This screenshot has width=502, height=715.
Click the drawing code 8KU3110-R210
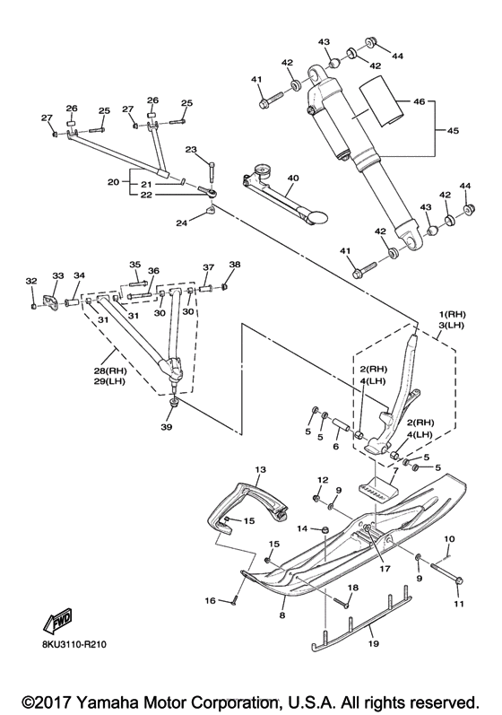tap(74, 645)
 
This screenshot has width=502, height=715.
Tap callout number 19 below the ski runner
tap(374, 644)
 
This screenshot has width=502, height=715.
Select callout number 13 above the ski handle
tap(260, 469)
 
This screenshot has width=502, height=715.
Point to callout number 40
tap(293, 178)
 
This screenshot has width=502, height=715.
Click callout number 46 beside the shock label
tap(420, 100)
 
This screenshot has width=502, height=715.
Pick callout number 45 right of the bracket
tap(453, 130)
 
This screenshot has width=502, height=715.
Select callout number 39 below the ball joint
tap(167, 427)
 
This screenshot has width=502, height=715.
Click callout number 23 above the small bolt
tap(191, 150)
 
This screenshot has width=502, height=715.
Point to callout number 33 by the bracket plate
tap(58, 275)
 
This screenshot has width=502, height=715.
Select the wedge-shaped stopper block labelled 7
tap(377, 488)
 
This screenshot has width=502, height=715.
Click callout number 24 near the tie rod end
tap(182, 223)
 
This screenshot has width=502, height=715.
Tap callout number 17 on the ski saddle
tap(385, 569)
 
